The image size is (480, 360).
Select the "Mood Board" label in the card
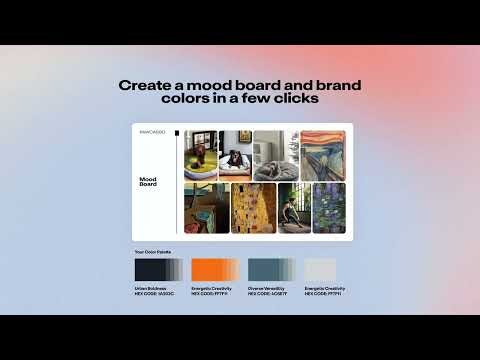coord(148,182)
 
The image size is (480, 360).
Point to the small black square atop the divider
coord(177,133)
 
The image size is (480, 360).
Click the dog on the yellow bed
coord(200,154)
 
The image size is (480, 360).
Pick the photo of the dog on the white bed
coord(235,154)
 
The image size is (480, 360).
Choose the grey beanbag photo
coord(275,154)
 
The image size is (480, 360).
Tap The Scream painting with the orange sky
coord(323,154)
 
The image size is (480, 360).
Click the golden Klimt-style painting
coord(253,207)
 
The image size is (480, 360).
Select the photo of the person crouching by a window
coord(294,207)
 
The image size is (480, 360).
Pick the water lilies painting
coord(329,207)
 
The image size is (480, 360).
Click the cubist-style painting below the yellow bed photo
coord(206,207)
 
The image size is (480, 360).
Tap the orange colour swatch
coord(213,269)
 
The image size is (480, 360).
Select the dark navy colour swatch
coord(158,269)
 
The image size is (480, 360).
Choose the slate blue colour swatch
coord(270,269)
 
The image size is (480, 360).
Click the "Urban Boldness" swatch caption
coord(152,288)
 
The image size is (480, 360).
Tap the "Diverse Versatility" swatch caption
coord(266,288)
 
